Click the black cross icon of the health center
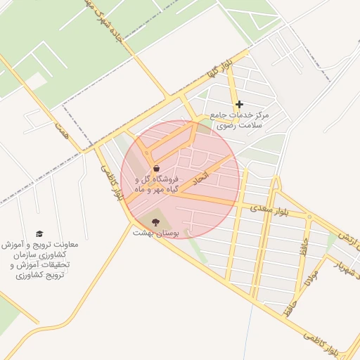[240, 105]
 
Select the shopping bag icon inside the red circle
[155, 169]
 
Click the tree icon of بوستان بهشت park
[155, 222]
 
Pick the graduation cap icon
[39, 233]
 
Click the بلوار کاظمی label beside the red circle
[111, 184]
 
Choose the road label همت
[63, 129]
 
